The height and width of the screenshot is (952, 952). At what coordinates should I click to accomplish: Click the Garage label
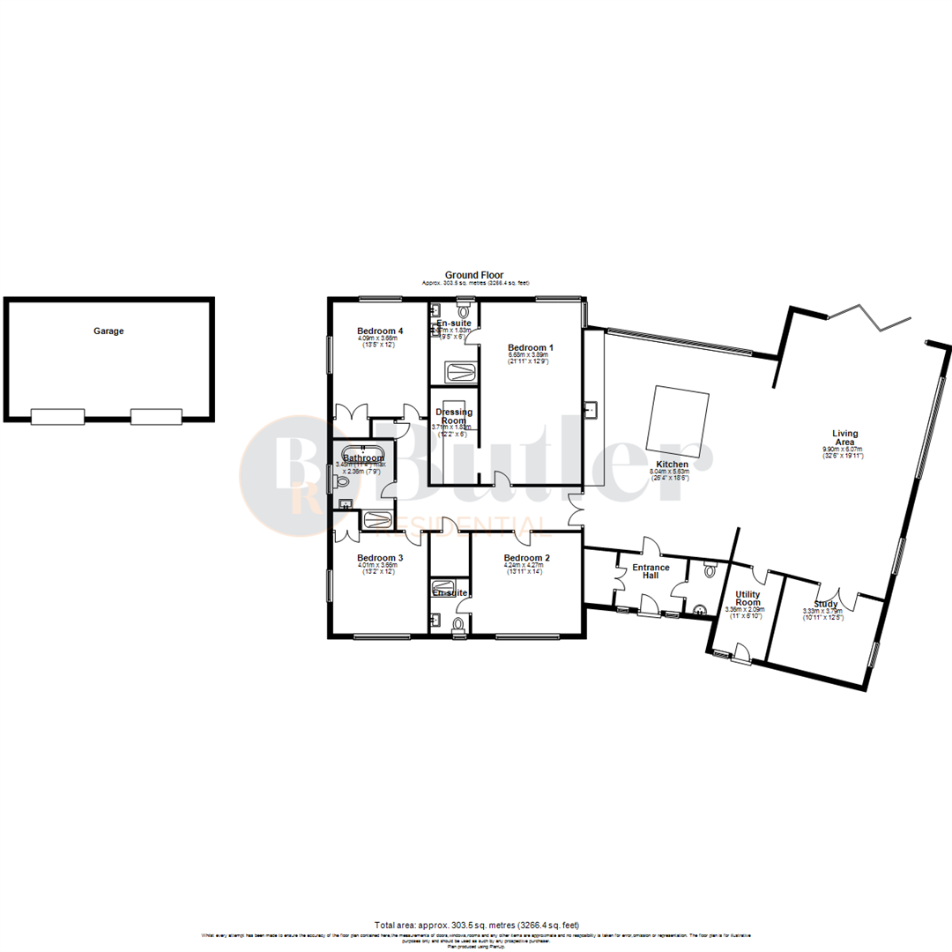(x=109, y=331)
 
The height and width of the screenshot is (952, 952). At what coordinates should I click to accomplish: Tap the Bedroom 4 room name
(x=380, y=331)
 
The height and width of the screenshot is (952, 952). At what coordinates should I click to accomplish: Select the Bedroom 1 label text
(x=529, y=347)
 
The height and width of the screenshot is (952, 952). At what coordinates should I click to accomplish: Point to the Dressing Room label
(x=455, y=416)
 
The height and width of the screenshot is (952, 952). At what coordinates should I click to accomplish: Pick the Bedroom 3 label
(x=380, y=558)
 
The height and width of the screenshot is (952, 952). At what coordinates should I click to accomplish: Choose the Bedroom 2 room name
(x=527, y=558)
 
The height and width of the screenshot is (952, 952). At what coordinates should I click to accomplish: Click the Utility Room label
(x=747, y=599)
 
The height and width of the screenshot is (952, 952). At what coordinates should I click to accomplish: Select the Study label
(x=826, y=604)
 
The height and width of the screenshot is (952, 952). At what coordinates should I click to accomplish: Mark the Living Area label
(x=844, y=438)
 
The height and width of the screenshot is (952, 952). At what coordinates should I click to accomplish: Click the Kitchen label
(x=672, y=465)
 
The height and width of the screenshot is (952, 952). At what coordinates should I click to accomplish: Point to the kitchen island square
(x=679, y=420)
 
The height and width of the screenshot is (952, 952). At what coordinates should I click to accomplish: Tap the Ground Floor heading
(x=474, y=275)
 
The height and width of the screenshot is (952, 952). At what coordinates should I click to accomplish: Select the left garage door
(x=57, y=417)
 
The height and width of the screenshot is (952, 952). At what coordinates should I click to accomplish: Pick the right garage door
(x=157, y=417)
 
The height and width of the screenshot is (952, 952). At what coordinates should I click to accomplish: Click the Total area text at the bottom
(x=476, y=926)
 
